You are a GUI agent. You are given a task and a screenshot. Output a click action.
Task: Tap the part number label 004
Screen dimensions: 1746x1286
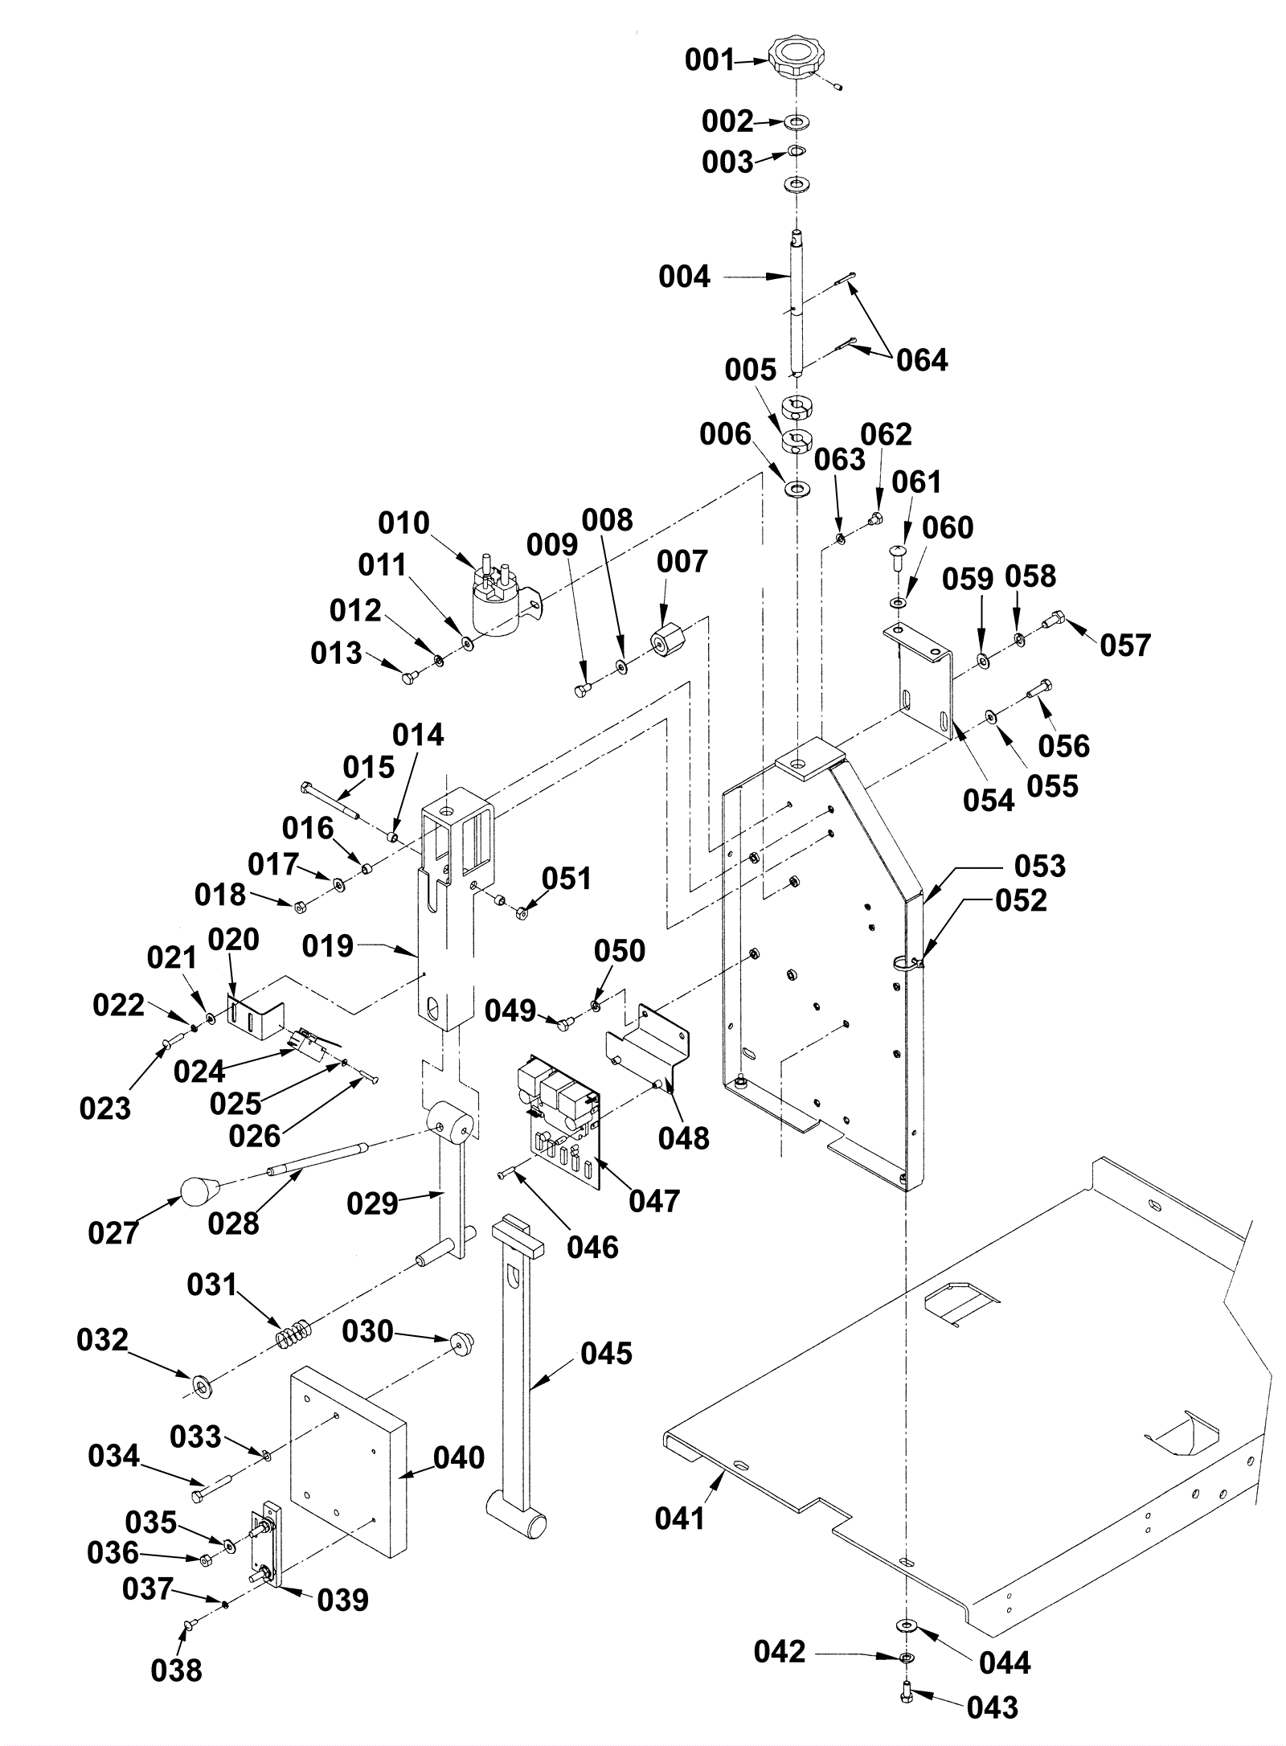point(684,277)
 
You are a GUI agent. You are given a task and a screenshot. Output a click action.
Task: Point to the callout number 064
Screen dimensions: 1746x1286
point(922,360)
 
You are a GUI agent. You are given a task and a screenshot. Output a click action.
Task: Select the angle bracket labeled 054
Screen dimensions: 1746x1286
point(924,674)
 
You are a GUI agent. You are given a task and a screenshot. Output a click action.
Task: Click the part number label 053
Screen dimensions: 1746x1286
point(1039,866)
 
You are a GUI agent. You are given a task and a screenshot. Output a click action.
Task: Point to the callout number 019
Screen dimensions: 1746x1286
point(327,947)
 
